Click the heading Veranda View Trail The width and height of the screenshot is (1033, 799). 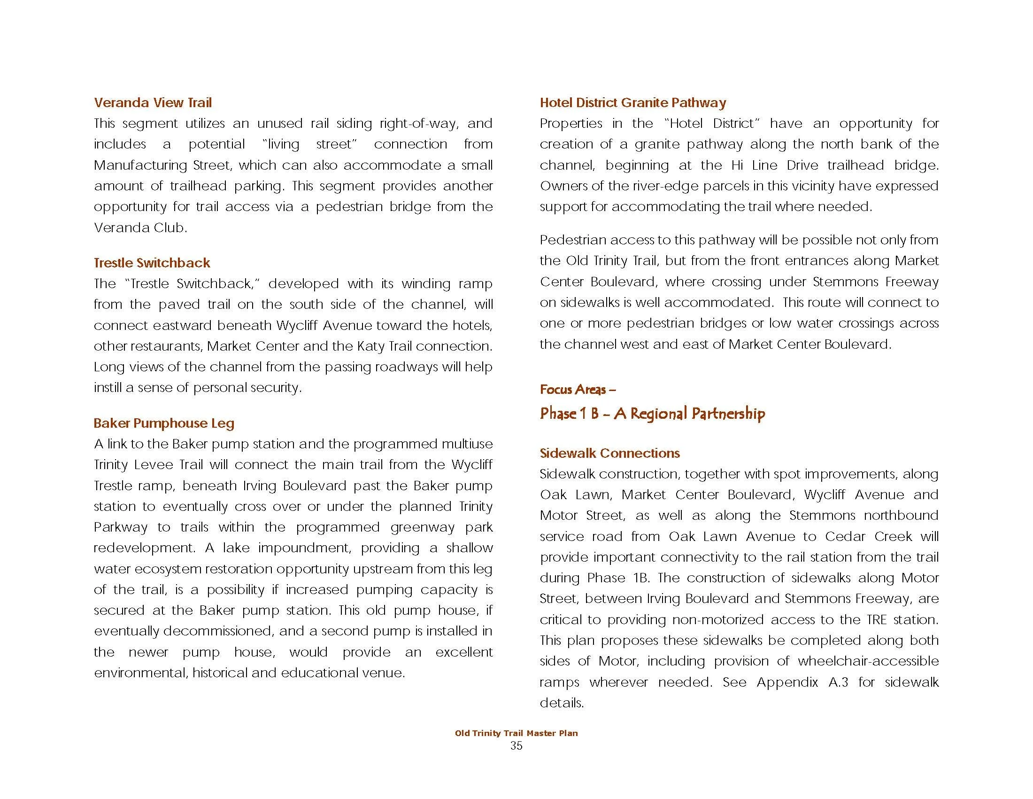(x=152, y=103)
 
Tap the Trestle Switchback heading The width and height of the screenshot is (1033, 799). (x=152, y=263)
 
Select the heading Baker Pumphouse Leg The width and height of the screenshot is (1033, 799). (x=164, y=423)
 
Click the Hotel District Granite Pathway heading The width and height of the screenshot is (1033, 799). (x=633, y=103)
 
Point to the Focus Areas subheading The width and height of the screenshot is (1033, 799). (x=577, y=390)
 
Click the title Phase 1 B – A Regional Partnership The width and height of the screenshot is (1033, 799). (x=652, y=414)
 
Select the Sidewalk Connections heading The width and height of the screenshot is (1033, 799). (x=609, y=453)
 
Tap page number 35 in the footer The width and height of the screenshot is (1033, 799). (x=516, y=746)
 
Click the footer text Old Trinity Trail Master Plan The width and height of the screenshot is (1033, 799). (x=516, y=733)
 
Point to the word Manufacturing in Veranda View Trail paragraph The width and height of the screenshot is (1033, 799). (x=139, y=165)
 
